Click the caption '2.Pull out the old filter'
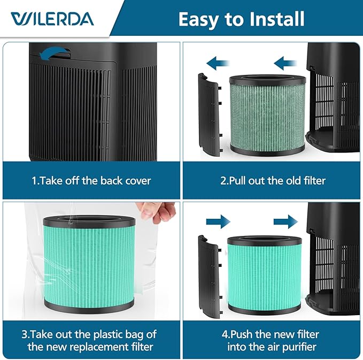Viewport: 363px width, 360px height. [x=273, y=180]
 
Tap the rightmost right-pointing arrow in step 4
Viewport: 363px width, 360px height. [x=287, y=221]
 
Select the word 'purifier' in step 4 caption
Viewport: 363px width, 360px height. [x=299, y=347]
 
